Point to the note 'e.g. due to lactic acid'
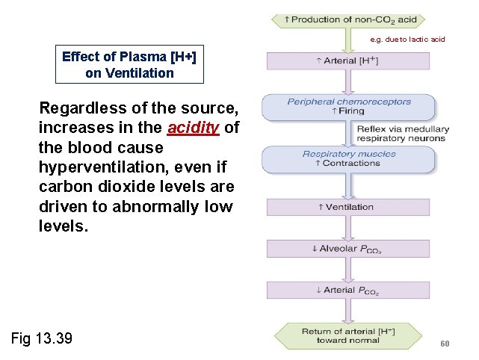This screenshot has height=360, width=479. [407, 39]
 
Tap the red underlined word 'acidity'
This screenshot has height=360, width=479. [193, 128]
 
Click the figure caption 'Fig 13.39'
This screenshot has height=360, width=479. [42, 338]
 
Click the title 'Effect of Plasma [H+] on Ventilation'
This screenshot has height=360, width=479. [129, 65]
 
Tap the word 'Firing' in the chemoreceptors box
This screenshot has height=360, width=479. [351, 111]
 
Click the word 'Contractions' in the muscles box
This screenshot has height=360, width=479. [351, 164]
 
